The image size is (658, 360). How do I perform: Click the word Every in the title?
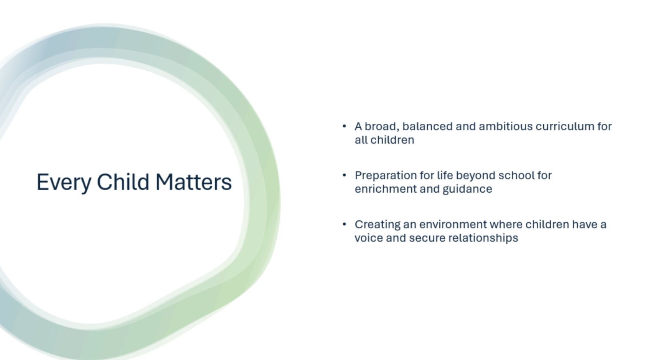64,183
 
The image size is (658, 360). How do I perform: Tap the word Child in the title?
123,182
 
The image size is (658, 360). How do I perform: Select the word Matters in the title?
194,182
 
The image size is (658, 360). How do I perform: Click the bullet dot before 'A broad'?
344,127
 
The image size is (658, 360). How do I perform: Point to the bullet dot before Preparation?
344,175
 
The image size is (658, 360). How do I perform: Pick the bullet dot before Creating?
344,224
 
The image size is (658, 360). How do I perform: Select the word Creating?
378,225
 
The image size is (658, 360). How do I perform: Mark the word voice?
368,238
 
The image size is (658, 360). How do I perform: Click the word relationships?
483,238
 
